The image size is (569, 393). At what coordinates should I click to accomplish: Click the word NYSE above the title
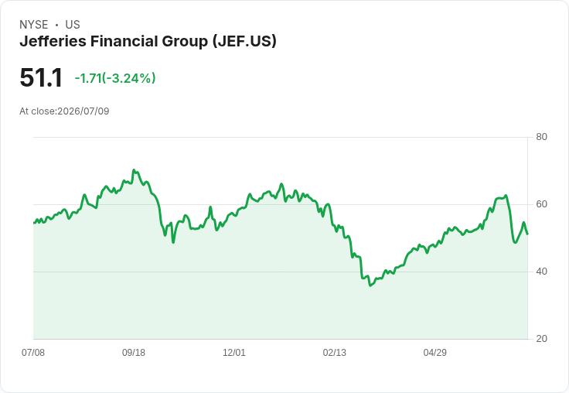(34, 25)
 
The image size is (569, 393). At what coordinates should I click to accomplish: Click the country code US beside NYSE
(73, 25)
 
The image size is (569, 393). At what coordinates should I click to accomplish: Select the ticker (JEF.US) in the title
(244, 41)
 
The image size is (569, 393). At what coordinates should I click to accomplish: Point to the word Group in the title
(185, 42)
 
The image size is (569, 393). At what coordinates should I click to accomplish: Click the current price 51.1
(41, 77)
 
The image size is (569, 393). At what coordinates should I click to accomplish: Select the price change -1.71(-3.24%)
(115, 78)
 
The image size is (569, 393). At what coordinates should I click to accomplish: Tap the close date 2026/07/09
(83, 111)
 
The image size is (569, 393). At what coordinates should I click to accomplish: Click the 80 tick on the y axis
(541, 137)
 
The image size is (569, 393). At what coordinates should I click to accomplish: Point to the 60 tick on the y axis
(541, 204)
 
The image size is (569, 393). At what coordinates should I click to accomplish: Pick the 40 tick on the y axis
(541, 272)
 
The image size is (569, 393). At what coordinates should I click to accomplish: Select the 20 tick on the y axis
(541, 339)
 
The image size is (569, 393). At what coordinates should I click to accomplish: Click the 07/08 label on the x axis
(33, 352)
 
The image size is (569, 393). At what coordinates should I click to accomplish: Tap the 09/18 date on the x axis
(134, 352)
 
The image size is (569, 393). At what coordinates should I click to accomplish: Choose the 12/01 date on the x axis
(234, 352)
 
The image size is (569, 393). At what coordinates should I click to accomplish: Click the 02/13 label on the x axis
(335, 352)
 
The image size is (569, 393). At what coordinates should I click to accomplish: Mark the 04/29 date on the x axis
(434, 352)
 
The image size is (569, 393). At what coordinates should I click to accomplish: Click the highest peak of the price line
(134, 169)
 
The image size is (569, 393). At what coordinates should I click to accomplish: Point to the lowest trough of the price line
(370, 285)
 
